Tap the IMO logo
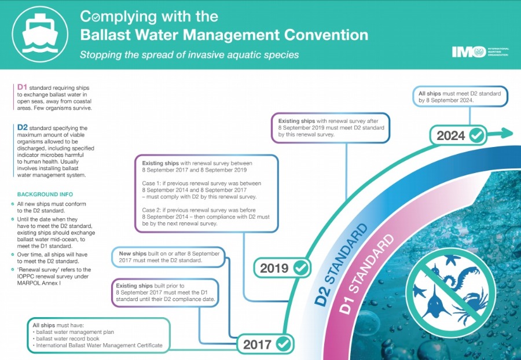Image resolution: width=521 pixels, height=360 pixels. click(480, 52)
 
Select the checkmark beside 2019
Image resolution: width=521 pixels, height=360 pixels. click(301, 268)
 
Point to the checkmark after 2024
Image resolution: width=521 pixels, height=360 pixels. click(477, 135)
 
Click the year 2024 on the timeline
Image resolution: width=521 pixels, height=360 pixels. click(450, 136)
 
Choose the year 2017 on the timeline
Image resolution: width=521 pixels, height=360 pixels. click(257, 345)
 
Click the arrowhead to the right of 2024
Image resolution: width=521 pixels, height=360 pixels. click(508, 133)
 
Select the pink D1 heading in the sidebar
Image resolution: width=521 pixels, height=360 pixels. click(22, 87)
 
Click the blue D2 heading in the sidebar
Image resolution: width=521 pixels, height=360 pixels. click(22, 127)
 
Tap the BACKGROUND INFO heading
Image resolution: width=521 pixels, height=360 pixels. click(45, 194)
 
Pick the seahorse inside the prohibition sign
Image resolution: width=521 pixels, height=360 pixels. click(464, 276)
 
